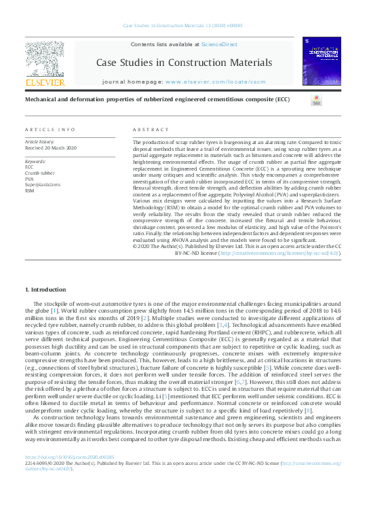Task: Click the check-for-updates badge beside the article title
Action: point(316,100)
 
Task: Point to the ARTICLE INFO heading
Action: point(50,129)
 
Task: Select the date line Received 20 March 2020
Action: point(51,147)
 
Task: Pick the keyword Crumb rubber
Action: point(41,173)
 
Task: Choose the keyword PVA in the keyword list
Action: point(30,179)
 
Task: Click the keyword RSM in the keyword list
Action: point(30,190)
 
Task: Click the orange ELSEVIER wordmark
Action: point(45,82)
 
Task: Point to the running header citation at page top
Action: point(184,27)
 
